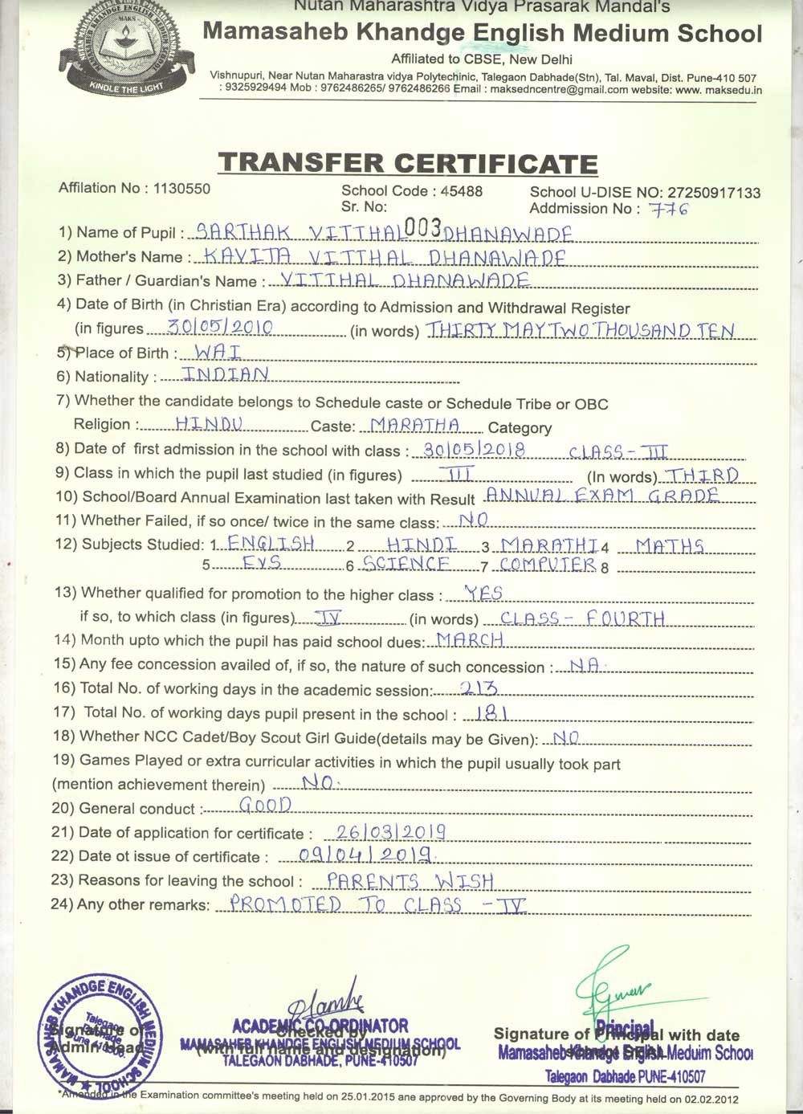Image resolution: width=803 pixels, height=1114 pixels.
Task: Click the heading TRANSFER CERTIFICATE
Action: coord(408,163)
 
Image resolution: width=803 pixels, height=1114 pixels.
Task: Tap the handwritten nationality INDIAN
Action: coord(225,373)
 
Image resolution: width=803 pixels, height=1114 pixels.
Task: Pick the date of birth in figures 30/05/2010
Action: coord(221,327)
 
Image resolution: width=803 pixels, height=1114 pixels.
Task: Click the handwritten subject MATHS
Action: coord(669,546)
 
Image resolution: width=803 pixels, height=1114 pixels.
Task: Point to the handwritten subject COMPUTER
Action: coord(547,564)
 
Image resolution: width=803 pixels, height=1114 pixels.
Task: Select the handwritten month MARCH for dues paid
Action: coord(470,640)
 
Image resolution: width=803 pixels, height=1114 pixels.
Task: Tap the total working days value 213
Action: coord(480,688)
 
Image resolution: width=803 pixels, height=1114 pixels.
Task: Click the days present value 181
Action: coord(489,712)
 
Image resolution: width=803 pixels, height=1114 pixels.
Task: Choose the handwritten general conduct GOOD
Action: coord(266,804)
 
